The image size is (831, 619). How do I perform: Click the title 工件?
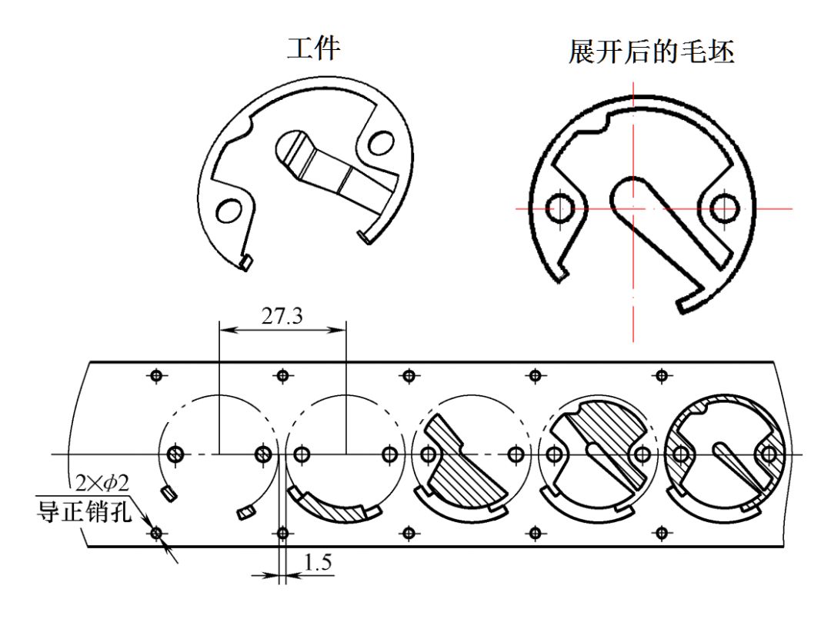click(x=313, y=48)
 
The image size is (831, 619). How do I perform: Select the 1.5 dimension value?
click(x=317, y=564)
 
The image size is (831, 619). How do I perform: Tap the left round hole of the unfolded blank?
click(x=558, y=207)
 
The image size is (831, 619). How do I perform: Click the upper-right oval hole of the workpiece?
click(x=379, y=143)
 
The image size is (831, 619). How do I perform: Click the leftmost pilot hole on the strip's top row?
click(x=157, y=375)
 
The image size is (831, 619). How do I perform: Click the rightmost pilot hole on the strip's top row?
click(x=660, y=375)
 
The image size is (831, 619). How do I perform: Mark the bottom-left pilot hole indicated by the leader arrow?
click(x=157, y=532)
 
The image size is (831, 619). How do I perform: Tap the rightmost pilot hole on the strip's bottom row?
click(x=660, y=532)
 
